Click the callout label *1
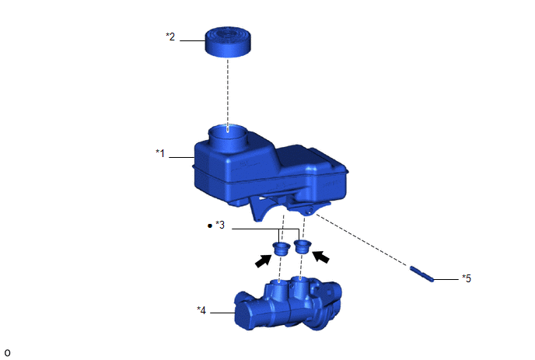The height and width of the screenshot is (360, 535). tap(160, 153)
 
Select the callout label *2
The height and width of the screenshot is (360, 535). tap(170, 37)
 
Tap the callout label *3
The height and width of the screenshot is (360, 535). tap(220, 225)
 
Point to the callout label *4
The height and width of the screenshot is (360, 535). tap(201, 310)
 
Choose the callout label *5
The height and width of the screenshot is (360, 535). tap(467, 278)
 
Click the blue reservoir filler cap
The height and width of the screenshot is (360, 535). tap(228, 41)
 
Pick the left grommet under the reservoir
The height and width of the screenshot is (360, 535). tap(281, 248)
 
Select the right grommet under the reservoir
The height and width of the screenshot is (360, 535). tap(302, 246)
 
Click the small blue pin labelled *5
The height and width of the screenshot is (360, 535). tap(421, 274)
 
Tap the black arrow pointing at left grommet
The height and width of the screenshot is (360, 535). tap(264, 261)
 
